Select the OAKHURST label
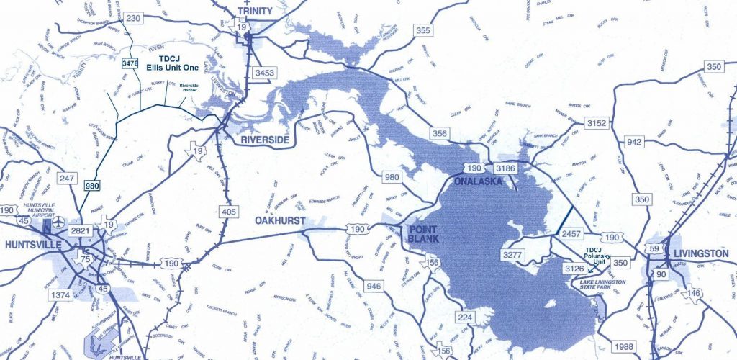(281, 221)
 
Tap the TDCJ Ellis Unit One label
(168, 63)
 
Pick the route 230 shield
(133, 19)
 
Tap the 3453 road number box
(265, 73)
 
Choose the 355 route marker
(422, 30)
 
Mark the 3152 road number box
(597, 124)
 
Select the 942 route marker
(634, 142)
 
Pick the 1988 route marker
(624, 347)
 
